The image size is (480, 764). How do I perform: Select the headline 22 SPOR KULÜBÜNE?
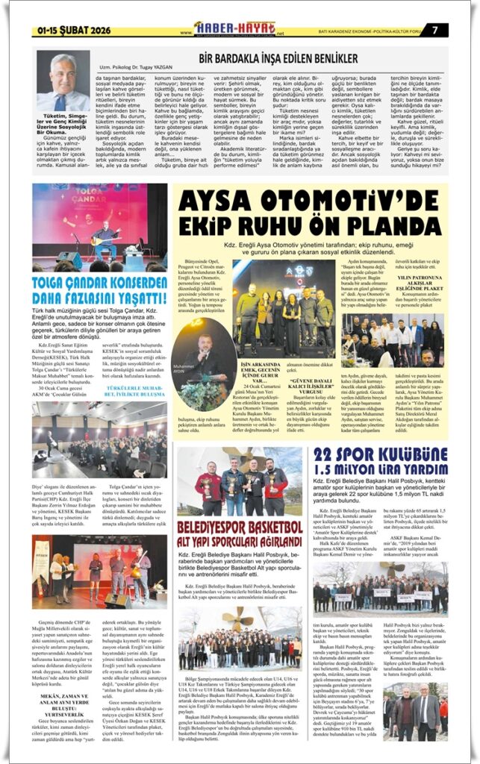click(x=381, y=457)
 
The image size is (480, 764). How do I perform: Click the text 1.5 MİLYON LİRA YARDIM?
click(x=381, y=471)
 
